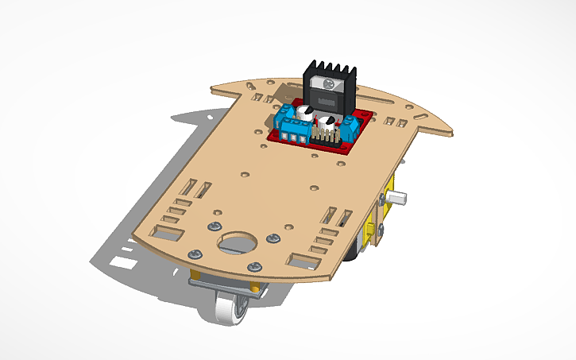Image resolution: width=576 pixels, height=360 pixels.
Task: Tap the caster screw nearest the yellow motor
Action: [x=273, y=238]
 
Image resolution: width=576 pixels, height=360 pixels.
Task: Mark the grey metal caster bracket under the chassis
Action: [x=222, y=282]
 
